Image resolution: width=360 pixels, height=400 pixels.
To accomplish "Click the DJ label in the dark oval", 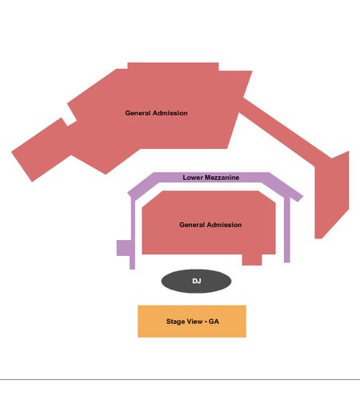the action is [x=197, y=281].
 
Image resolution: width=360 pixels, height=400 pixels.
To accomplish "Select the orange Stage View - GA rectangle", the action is [x=192, y=322].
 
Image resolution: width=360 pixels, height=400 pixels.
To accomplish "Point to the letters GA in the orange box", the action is [x=214, y=322].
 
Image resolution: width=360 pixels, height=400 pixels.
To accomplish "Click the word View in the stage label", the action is [x=194, y=322].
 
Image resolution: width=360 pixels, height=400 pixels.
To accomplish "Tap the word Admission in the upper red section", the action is [x=170, y=113].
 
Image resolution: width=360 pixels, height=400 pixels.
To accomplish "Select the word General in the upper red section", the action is [x=138, y=113].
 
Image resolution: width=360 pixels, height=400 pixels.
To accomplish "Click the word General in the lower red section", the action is [x=192, y=225].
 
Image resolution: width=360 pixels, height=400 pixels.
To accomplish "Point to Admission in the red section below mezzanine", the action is [x=225, y=225].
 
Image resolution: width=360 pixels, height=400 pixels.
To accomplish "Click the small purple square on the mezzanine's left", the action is [x=123, y=248].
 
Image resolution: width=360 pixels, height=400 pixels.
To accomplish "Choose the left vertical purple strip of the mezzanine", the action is [x=133, y=234].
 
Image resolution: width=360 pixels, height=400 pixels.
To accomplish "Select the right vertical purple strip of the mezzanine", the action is [x=287, y=230].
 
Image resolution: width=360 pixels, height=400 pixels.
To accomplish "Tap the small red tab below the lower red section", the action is [x=252, y=260].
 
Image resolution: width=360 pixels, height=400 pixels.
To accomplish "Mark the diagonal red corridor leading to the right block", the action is [x=286, y=130].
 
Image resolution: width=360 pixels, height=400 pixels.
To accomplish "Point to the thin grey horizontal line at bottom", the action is [x=180, y=379].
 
